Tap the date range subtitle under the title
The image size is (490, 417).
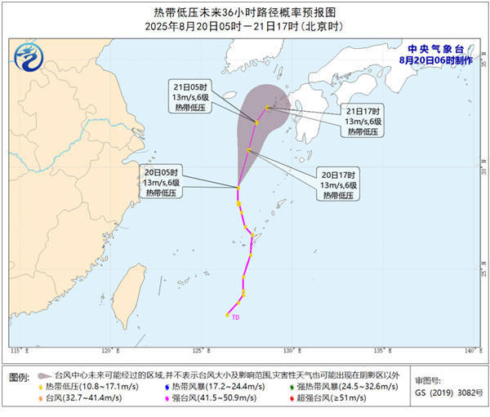click(245, 26)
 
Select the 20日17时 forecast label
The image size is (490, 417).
click(336, 174)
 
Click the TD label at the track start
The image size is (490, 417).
click(235, 317)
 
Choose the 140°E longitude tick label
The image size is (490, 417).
click(468, 351)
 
